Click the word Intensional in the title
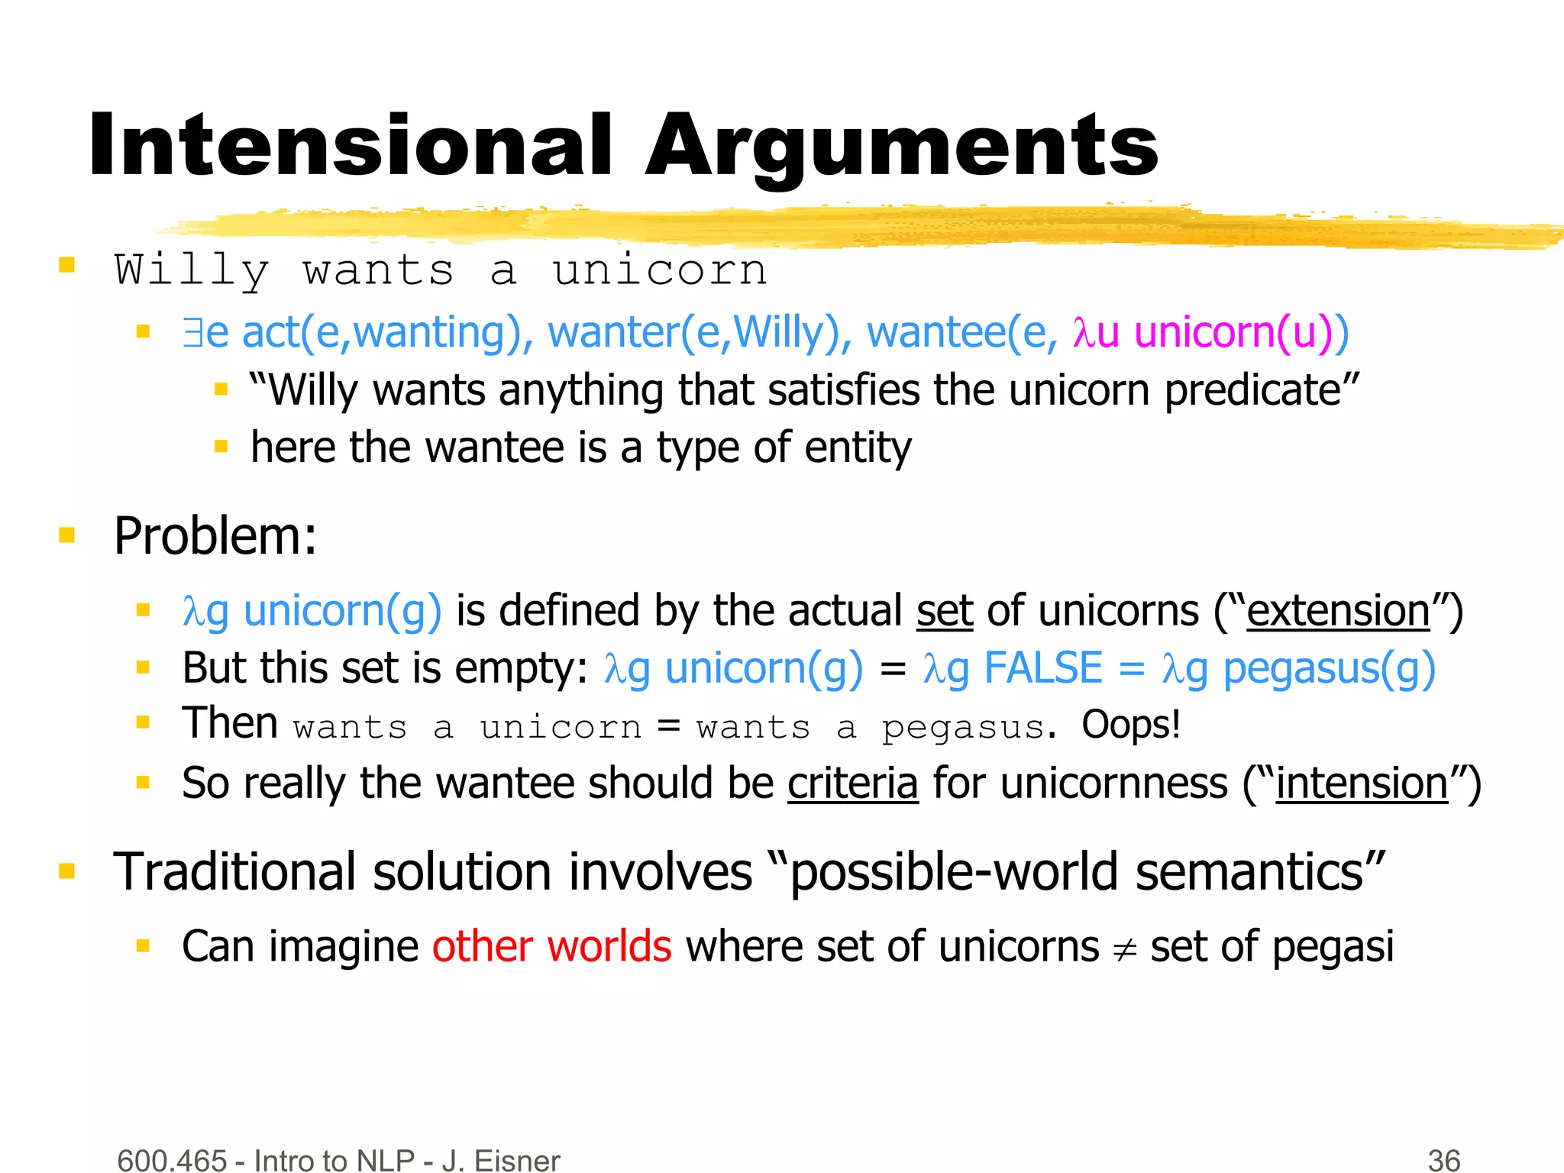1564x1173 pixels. [x=350, y=145]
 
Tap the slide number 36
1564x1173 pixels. [x=1443, y=1160]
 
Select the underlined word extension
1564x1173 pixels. [x=1338, y=611]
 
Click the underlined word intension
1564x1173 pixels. [x=1362, y=784]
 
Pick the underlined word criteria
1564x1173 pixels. [x=852, y=784]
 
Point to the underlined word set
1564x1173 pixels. [x=945, y=611]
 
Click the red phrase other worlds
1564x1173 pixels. [x=551, y=946]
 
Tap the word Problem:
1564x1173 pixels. [x=215, y=536]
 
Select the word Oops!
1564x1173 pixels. [x=1130, y=724]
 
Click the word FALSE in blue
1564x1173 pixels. [x=1043, y=668]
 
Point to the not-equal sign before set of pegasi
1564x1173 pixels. [x=1124, y=949]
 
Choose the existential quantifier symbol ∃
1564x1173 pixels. [x=192, y=333]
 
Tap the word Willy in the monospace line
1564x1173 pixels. [x=192, y=270]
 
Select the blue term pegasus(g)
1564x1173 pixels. [x=1329, y=668]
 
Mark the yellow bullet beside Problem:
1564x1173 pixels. [x=67, y=535]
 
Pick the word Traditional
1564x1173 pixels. [x=234, y=871]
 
